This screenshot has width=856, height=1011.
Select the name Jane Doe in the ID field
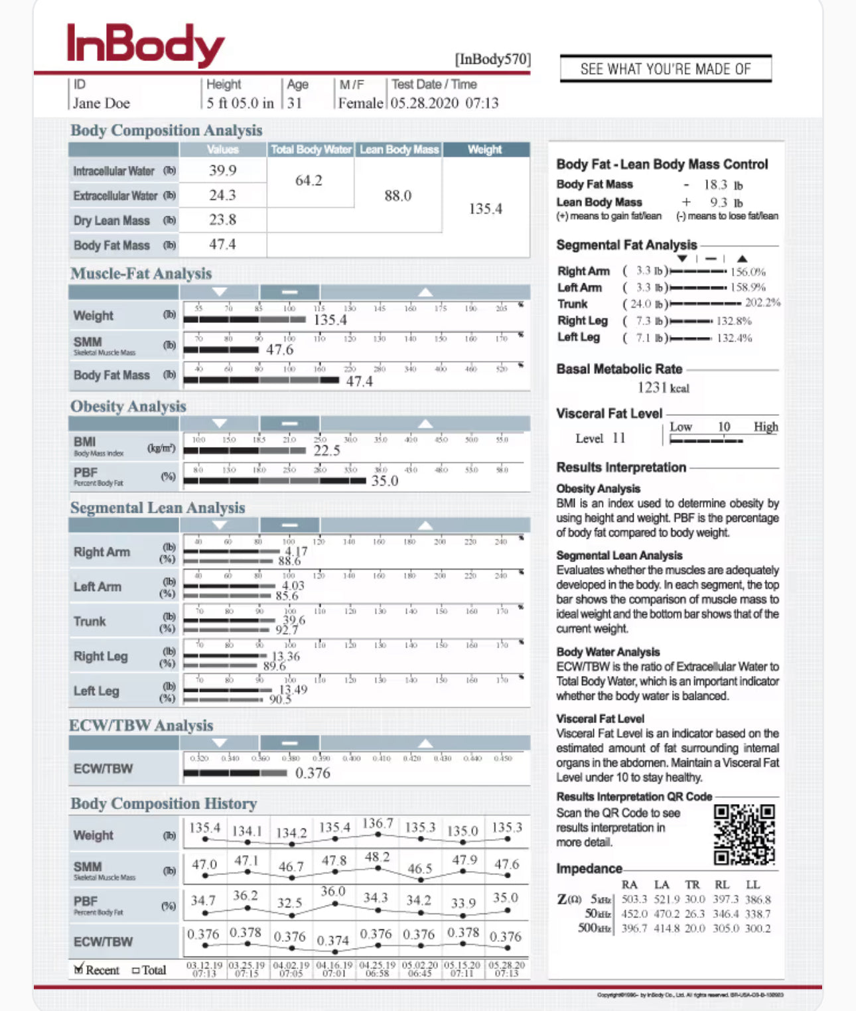click(101, 103)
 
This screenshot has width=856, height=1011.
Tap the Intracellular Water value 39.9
click(222, 170)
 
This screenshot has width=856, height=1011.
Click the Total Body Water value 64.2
click(309, 180)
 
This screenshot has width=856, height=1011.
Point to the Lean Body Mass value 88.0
click(397, 196)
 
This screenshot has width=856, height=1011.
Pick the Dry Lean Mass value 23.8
click(222, 220)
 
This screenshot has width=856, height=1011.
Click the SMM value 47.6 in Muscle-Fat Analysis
click(279, 350)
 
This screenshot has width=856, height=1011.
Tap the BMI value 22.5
click(326, 450)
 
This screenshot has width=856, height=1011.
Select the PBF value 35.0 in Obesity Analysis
click(384, 480)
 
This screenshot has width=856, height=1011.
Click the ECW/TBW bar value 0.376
click(313, 773)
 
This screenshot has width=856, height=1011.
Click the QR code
click(744, 835)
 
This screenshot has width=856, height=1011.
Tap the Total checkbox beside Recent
click(135, 971)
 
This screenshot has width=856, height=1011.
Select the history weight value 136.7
click(377, 823)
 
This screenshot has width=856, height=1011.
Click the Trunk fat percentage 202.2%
click(762, 303)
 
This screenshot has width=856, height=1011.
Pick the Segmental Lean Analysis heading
click(158, 507)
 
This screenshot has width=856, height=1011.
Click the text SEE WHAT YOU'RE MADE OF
click(666, 69)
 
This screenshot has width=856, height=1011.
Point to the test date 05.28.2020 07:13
click(444, 103)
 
